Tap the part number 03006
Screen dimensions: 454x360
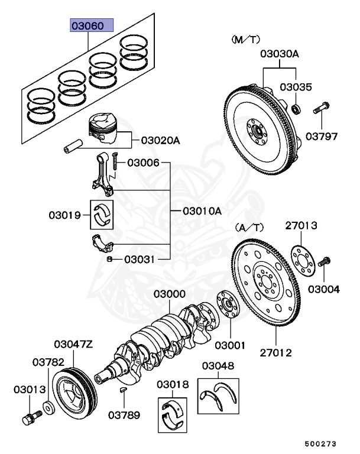(143, 162)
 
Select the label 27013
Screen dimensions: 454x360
(301, 225)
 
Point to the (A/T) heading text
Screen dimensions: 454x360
(250, 227)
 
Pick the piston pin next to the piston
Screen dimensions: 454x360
(73, 145)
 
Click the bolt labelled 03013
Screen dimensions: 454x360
(28, 419)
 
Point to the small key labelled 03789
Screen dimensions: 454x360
(124, 391)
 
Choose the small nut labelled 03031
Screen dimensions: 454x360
(110, 259)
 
